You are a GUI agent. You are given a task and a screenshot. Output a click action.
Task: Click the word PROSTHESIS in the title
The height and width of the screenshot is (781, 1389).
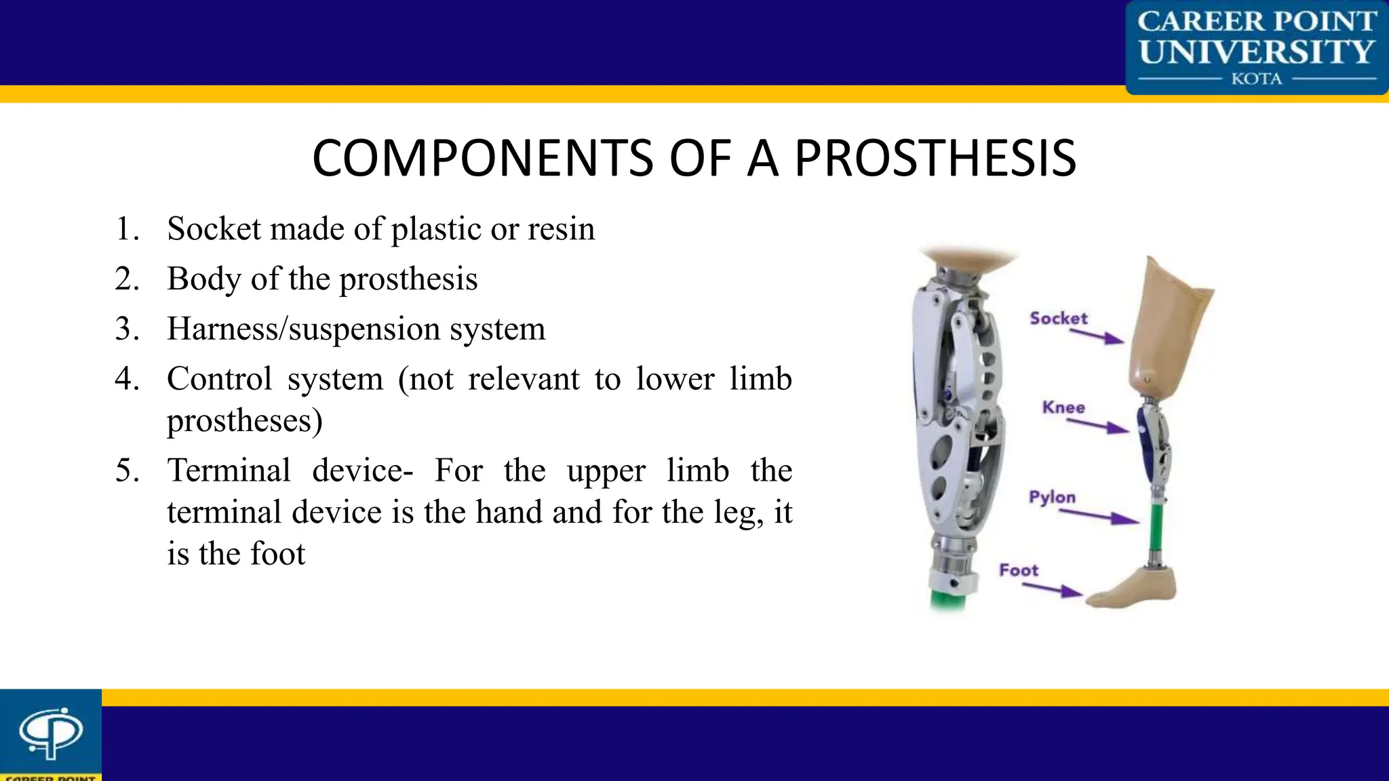point(935,159)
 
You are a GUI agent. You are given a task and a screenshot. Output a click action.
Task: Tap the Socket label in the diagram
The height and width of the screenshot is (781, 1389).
point(1058,318)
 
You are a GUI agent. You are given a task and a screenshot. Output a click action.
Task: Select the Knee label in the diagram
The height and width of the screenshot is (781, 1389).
point(1063,407)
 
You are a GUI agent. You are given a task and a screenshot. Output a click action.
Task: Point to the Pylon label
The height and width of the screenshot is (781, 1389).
point(1052,497)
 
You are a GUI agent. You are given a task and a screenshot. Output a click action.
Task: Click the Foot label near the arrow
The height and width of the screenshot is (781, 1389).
point(1019,570)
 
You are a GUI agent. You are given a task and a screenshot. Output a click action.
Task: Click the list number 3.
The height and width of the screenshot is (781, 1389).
point(127,329)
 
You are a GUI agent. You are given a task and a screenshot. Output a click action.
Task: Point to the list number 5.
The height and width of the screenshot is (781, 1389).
point(127,470)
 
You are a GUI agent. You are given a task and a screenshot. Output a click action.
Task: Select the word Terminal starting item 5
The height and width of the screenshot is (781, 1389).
point(229,470)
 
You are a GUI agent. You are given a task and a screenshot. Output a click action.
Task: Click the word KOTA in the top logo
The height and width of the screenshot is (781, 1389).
point(1256,79)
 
